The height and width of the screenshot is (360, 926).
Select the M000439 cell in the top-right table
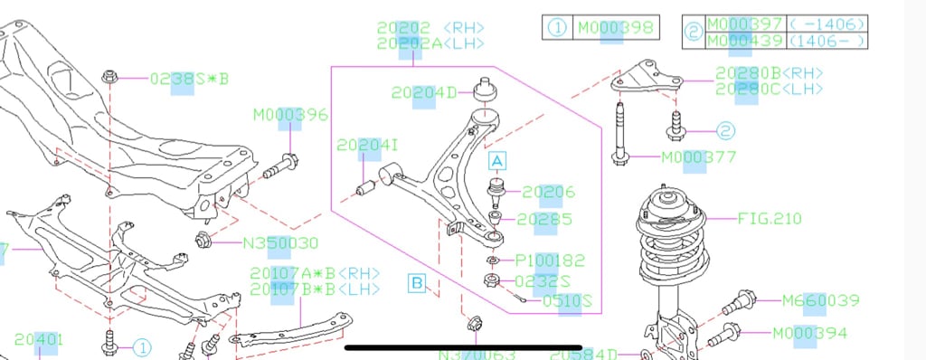[x=744, y=41]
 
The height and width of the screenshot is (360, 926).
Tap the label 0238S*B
[x=188, y=79]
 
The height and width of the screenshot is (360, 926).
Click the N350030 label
[x=279, y=242]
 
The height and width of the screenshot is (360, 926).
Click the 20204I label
[x=368, y=145]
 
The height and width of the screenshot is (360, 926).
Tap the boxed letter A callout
[x=497, y=161]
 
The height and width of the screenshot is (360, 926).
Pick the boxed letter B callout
[x=416, y=284]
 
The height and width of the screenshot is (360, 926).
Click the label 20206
[x=548, y=192]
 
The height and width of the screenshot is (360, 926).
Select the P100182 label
[x=550, y=261]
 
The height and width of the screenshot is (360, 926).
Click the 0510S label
[x=567, y=300]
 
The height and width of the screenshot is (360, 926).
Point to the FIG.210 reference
[x=769, y=218]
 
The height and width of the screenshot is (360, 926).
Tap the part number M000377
[x=697, y=157]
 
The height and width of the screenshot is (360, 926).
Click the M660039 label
[x=820, y=300]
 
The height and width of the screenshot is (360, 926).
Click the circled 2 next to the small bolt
[x=725, y=131]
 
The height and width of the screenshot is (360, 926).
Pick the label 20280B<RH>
[x=770, y=73]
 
